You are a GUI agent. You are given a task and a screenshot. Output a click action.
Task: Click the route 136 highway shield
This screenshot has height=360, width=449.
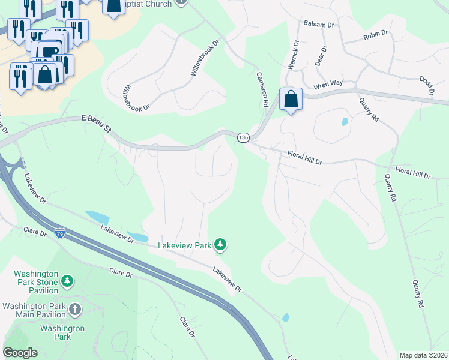click(243, 138)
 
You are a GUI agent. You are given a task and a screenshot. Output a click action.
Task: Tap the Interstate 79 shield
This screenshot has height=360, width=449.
click(59, 232)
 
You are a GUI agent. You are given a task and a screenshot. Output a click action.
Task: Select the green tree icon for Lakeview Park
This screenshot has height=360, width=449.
click(221, 244)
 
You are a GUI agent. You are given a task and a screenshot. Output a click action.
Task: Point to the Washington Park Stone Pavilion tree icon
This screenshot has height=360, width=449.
click(67, 280)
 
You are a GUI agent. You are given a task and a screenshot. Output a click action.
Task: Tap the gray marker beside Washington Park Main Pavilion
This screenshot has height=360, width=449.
click(74, 310)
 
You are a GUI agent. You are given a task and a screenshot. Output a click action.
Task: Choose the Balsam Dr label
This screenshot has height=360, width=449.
click(318, 25)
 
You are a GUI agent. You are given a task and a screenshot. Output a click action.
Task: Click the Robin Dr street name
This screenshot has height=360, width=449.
click(376, 37)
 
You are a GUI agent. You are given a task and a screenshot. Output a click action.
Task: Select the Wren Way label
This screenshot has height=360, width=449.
click(328, 84)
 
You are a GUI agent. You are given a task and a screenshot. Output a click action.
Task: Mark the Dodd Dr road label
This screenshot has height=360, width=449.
click(426, 86)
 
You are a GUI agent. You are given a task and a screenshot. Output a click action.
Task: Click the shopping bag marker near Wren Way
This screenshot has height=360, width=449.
click(291, 100)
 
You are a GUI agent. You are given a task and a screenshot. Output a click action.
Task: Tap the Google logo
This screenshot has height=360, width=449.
click(20, 353)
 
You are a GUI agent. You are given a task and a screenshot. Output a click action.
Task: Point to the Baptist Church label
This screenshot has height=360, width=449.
click(159, 4)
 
